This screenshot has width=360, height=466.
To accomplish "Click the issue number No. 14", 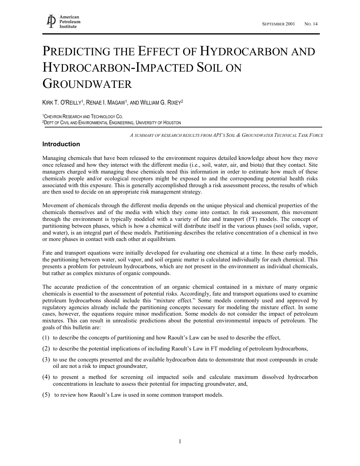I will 311,24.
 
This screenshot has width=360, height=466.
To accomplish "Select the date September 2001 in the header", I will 279,24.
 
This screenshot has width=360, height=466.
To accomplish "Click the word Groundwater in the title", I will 87,84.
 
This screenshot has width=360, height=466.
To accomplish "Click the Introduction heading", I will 61,144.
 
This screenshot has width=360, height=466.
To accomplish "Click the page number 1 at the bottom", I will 180,441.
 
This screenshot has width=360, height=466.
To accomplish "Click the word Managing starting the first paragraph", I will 55,158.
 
